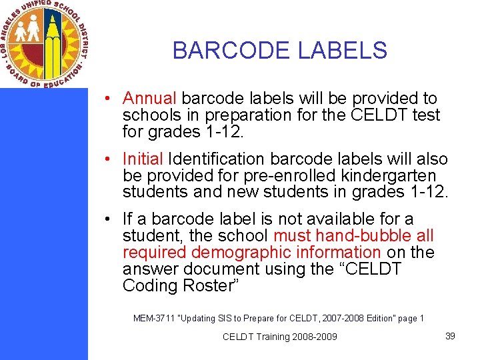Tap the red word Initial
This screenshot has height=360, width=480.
coord(143,159)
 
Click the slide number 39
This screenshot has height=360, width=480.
coord(450,336)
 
